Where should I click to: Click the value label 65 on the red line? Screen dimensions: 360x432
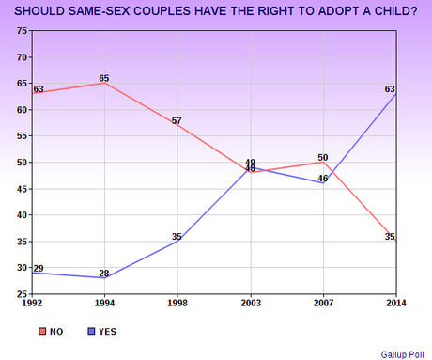pyautogui.click(x=104, y=78)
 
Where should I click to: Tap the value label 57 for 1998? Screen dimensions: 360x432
pyautogui.click(x=177, y=119)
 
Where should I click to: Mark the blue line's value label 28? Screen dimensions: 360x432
pyautogui.click(x=104, y=273)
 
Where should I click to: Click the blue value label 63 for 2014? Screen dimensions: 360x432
pyautogui.click(x=389, y=88)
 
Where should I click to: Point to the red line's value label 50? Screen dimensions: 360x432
pyautogui.click(x=323, y=157)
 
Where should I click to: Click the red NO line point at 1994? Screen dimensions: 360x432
pyautogui.click(x=104, y=83)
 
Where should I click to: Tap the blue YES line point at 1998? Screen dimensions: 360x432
pyautogui.click(x=177, y=241)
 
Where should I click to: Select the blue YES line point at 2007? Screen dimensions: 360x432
pyautogui.click(x=323, y=182)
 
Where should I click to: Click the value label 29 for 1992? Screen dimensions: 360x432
pyautogui.click(x=39, y=268)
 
